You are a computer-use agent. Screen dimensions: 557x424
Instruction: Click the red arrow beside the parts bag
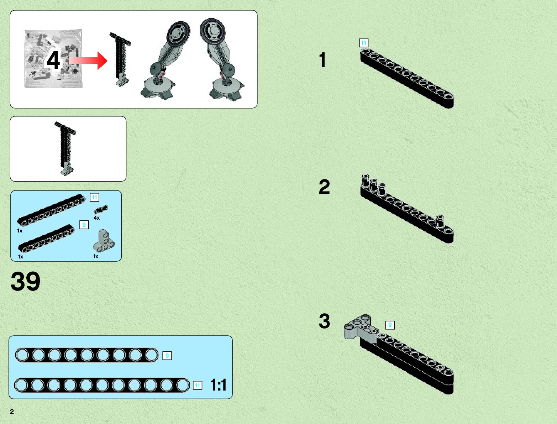[89, 61]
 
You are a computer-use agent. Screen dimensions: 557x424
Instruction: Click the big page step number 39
[25, 282]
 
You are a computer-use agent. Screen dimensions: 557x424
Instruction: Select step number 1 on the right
[322, 60]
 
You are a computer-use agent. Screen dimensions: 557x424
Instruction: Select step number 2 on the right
[324, 187]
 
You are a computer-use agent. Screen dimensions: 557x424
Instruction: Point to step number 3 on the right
[324, 321]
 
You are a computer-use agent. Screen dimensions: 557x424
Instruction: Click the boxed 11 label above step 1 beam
[363, 43]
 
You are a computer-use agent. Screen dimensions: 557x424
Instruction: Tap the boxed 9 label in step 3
[390, 325]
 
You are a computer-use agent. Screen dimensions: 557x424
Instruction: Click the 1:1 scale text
[218, 385]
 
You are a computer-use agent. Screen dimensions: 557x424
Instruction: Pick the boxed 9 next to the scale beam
[167, 355]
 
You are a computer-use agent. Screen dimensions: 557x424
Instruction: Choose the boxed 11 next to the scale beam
[198, 385]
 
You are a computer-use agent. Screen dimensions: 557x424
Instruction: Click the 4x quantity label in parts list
[97, 218]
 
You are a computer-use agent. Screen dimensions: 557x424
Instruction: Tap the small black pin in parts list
[101, 210]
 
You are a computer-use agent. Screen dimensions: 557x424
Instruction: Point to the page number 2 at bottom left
[12, 412]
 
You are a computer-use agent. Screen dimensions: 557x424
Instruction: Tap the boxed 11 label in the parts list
[94, 198]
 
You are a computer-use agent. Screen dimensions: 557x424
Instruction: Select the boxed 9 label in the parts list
[84, 225]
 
